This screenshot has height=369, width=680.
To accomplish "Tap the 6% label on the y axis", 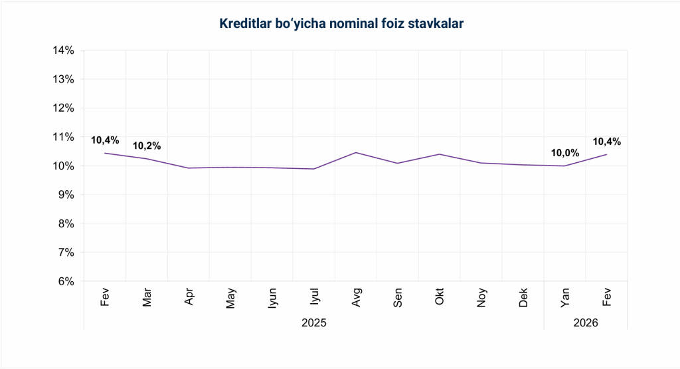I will click(x=66, y=281).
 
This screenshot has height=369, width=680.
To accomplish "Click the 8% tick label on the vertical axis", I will click(x=66, y=223).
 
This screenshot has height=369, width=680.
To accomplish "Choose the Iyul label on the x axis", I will click(x=315, y=297).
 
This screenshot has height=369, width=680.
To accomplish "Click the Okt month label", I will click(x=440, y=297).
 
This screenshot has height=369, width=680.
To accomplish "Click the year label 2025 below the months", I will click(x=314, y=322).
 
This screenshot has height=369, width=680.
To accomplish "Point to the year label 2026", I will click(x=586, y=322).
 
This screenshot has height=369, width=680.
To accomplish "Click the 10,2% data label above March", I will click(x=147, y=146).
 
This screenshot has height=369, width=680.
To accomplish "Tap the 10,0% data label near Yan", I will click(x=565, y=153).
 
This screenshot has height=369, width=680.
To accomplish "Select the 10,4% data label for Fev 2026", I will click(x=606, y=141).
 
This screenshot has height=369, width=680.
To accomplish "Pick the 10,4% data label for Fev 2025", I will click(x=105, y=140).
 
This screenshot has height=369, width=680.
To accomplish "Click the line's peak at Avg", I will click(x=357, y=152).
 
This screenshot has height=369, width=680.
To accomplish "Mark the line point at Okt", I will click(x=440, y=154).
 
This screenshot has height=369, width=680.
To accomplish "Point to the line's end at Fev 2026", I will click(x=606, y=154).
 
